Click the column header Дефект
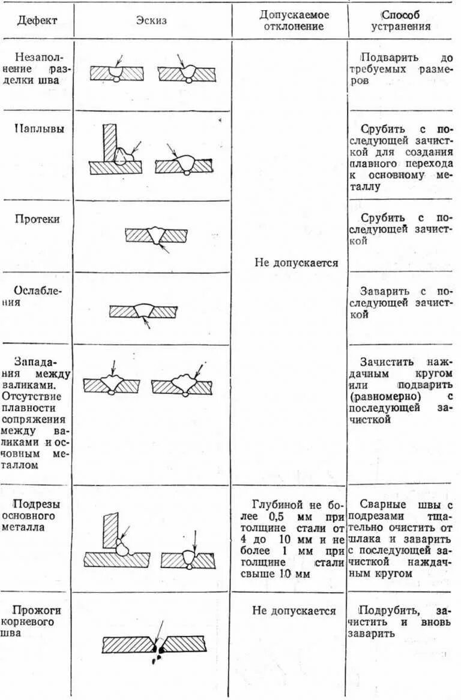click(x=37, y=20)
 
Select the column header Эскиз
click(x=151, y=20)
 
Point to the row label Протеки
click(x=37, y=219)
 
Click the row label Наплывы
click(x=37, y=128)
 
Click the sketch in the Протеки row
click(x=157, y=236)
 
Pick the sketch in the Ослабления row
click(x=144, y=312)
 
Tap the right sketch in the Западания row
click(x=181, y=385)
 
